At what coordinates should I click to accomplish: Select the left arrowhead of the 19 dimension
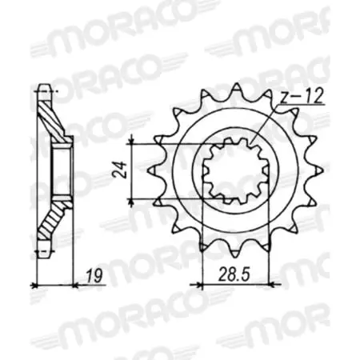36,283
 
